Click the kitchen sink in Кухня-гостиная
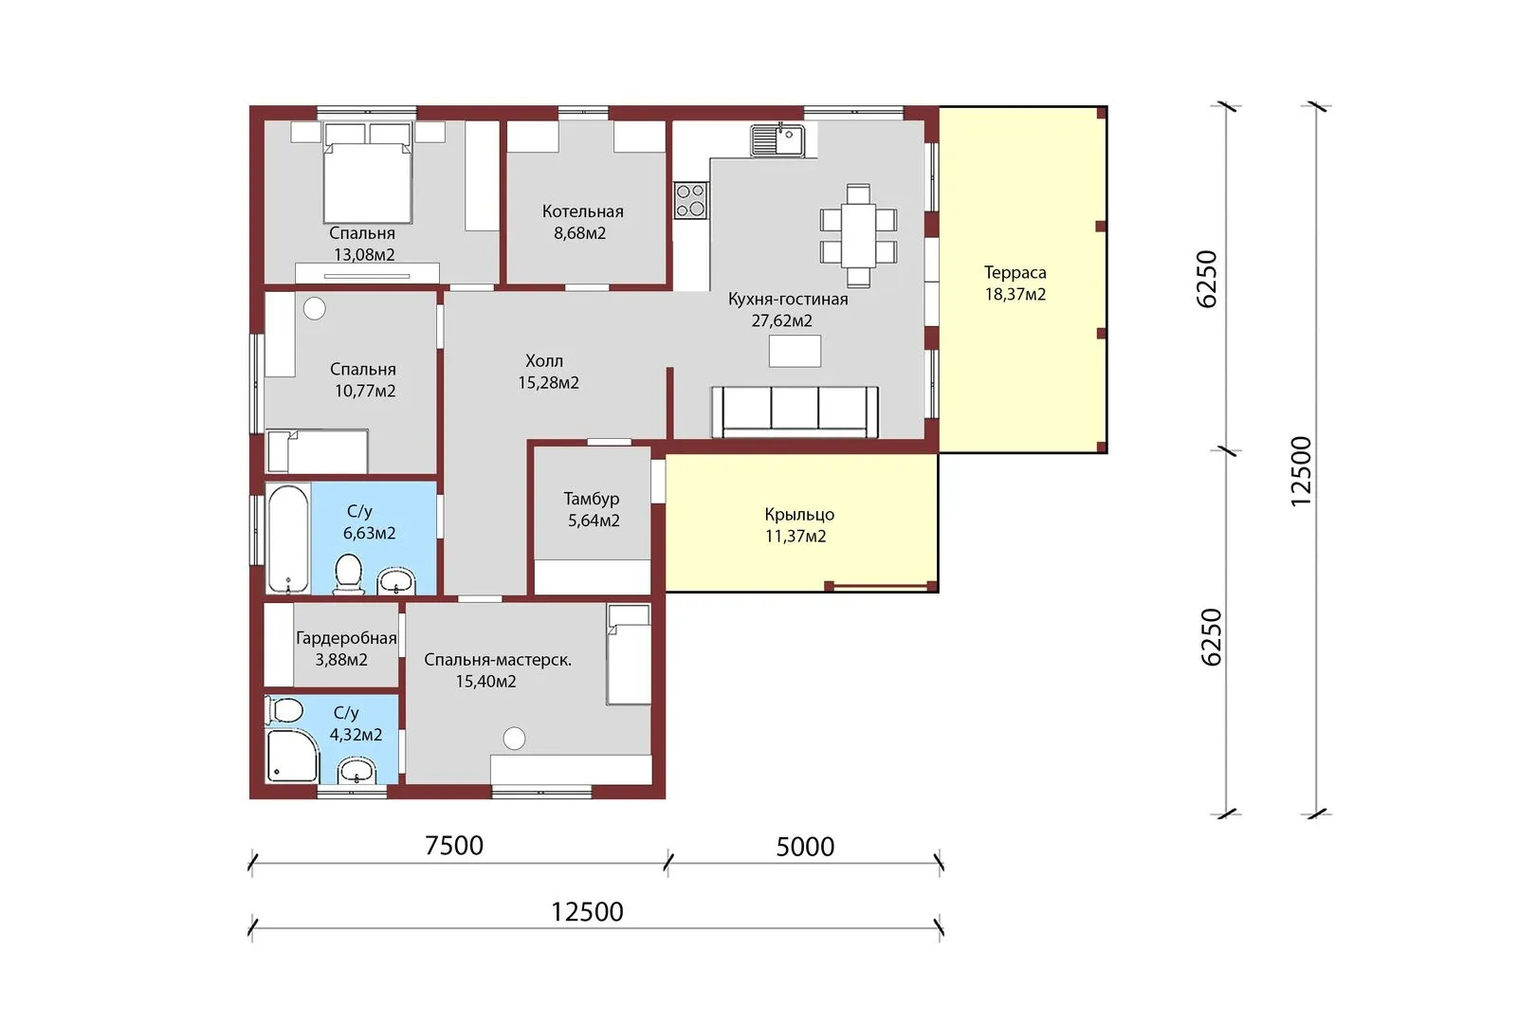click(777, 140)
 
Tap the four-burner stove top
click(690, 200)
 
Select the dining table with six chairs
click(858, 236)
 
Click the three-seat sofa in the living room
click(795, 411)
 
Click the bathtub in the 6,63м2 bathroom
click(288, 538)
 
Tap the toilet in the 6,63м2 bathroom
click(348, 574)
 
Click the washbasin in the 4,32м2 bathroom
click(357, 770)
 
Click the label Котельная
click(583, 211)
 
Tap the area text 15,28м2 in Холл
click(549, 383)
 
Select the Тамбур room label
click(592, 499)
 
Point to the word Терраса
click(1015, 272)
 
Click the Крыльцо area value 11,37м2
click(795, 537)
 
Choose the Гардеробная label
click(346, 638)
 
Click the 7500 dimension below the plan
click(454, 846)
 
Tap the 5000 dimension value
click(805, 847)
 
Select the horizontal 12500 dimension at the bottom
click(588, 912)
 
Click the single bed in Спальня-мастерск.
click(629, 654)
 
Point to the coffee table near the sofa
click(795, 351)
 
